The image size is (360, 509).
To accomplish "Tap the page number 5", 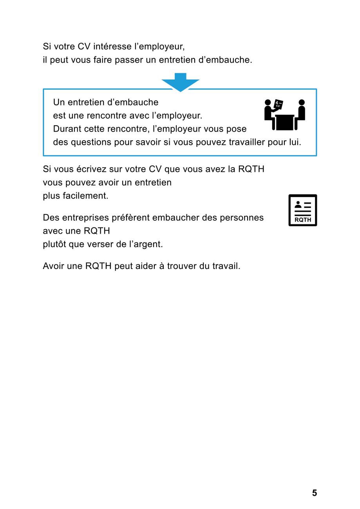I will click(314, 493).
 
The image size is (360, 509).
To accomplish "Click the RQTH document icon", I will click(302, 210).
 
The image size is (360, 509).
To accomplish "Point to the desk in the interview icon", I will click(284, 122).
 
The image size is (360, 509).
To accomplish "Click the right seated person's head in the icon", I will click(302, 103).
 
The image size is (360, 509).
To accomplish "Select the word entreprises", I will click(89, 218).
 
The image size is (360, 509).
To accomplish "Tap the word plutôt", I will click(54, 244).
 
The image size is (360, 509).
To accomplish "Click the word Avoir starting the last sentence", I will click(53, 266).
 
